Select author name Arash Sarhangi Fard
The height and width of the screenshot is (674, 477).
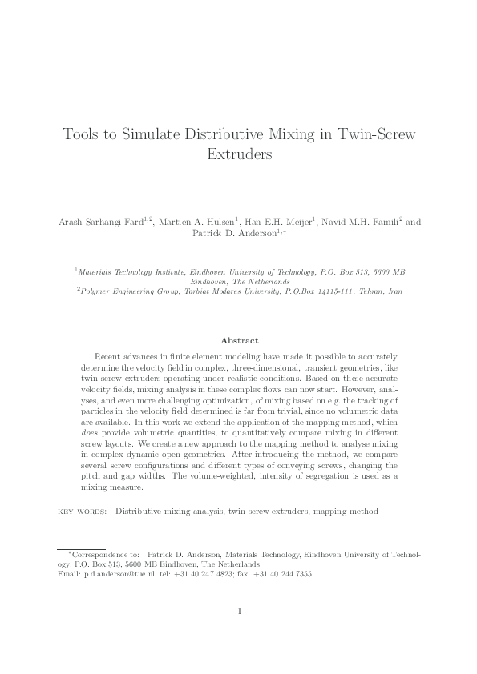104,223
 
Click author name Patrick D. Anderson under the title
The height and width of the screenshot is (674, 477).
237,234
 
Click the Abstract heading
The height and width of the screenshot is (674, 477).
239,340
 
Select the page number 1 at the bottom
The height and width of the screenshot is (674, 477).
239,612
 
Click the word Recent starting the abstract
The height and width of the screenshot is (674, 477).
108,354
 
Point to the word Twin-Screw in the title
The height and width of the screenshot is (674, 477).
374,134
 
